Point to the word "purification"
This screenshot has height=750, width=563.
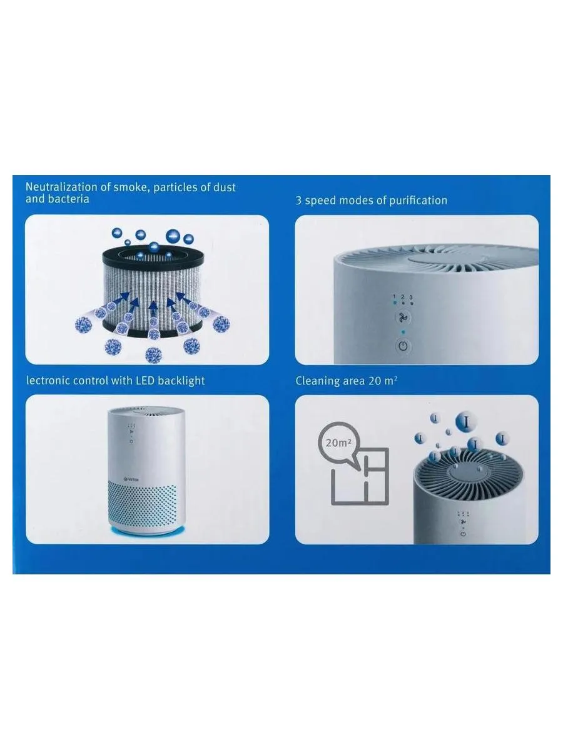[x=418, y=201]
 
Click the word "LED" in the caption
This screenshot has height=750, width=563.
[x=146, y=381]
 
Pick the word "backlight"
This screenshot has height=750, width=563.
[x=181, y=381]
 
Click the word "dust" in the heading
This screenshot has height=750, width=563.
[x=225, y=187]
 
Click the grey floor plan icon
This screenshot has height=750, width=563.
[x=360, y=476]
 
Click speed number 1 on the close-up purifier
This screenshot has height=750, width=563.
[x=395, y=297]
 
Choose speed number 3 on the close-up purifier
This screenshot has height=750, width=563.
[x=411, y=297]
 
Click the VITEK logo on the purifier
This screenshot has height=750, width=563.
[x=132, y=480]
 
